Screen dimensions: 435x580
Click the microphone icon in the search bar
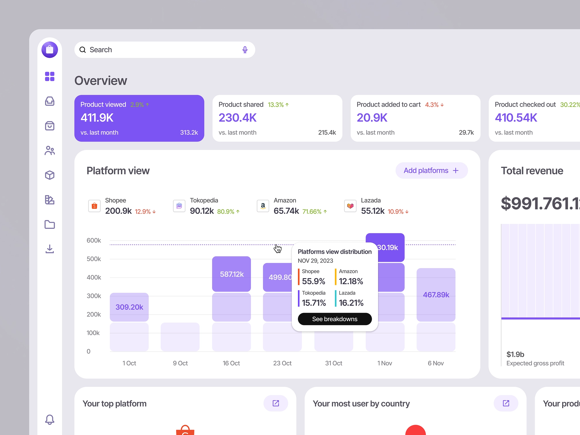click(245, 50)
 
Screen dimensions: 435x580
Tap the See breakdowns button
click(334, 319)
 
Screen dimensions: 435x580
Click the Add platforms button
click(431, 170)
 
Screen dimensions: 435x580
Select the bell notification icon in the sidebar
click(50, 419)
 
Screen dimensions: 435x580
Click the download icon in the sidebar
click(50, 249)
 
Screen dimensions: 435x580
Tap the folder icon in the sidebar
click(50, 225)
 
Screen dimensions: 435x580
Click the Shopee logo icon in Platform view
click(94, 206)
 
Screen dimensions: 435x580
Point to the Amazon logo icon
click(263, 206)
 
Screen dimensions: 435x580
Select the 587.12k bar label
click(232, 274)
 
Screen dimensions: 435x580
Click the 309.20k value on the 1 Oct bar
click(129, 307)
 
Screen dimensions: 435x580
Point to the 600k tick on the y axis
click(94, 240)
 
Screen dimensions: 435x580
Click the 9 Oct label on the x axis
click(180, 363)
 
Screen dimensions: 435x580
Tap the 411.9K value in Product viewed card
click(97, 118)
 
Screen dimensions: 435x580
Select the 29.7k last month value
click(466, 133)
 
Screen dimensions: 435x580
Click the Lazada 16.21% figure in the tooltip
click(351, 303)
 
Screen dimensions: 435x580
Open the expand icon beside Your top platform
click(276, 403)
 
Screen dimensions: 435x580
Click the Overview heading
click(101, 81)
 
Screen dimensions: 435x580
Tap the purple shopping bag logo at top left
click(50, 50)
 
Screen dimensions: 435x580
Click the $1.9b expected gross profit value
click(515, 354)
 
